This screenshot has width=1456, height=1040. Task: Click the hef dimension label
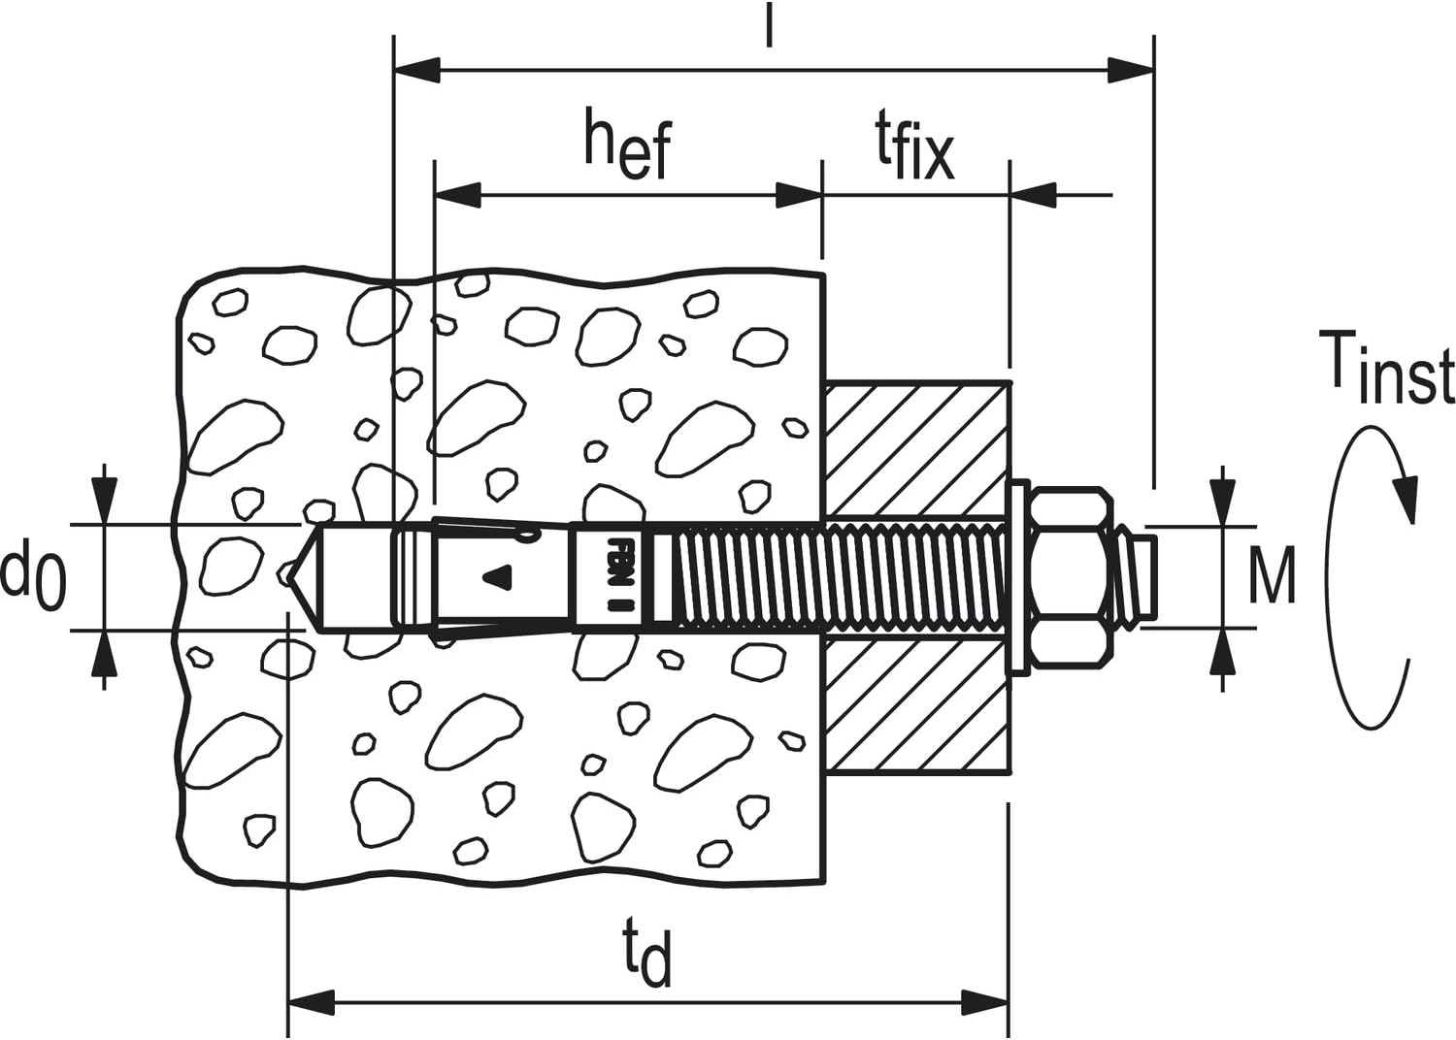627,145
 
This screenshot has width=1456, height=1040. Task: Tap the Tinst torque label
1385,367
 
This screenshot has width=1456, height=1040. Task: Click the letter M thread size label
1272,575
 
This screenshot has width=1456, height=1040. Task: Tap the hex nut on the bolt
1071,577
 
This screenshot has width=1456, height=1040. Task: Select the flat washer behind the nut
1017,577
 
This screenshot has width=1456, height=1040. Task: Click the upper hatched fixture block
917,448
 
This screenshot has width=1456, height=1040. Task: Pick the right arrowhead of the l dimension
1131,70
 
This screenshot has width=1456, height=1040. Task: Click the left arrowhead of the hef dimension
457,195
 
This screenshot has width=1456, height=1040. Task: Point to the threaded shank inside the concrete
747,577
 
